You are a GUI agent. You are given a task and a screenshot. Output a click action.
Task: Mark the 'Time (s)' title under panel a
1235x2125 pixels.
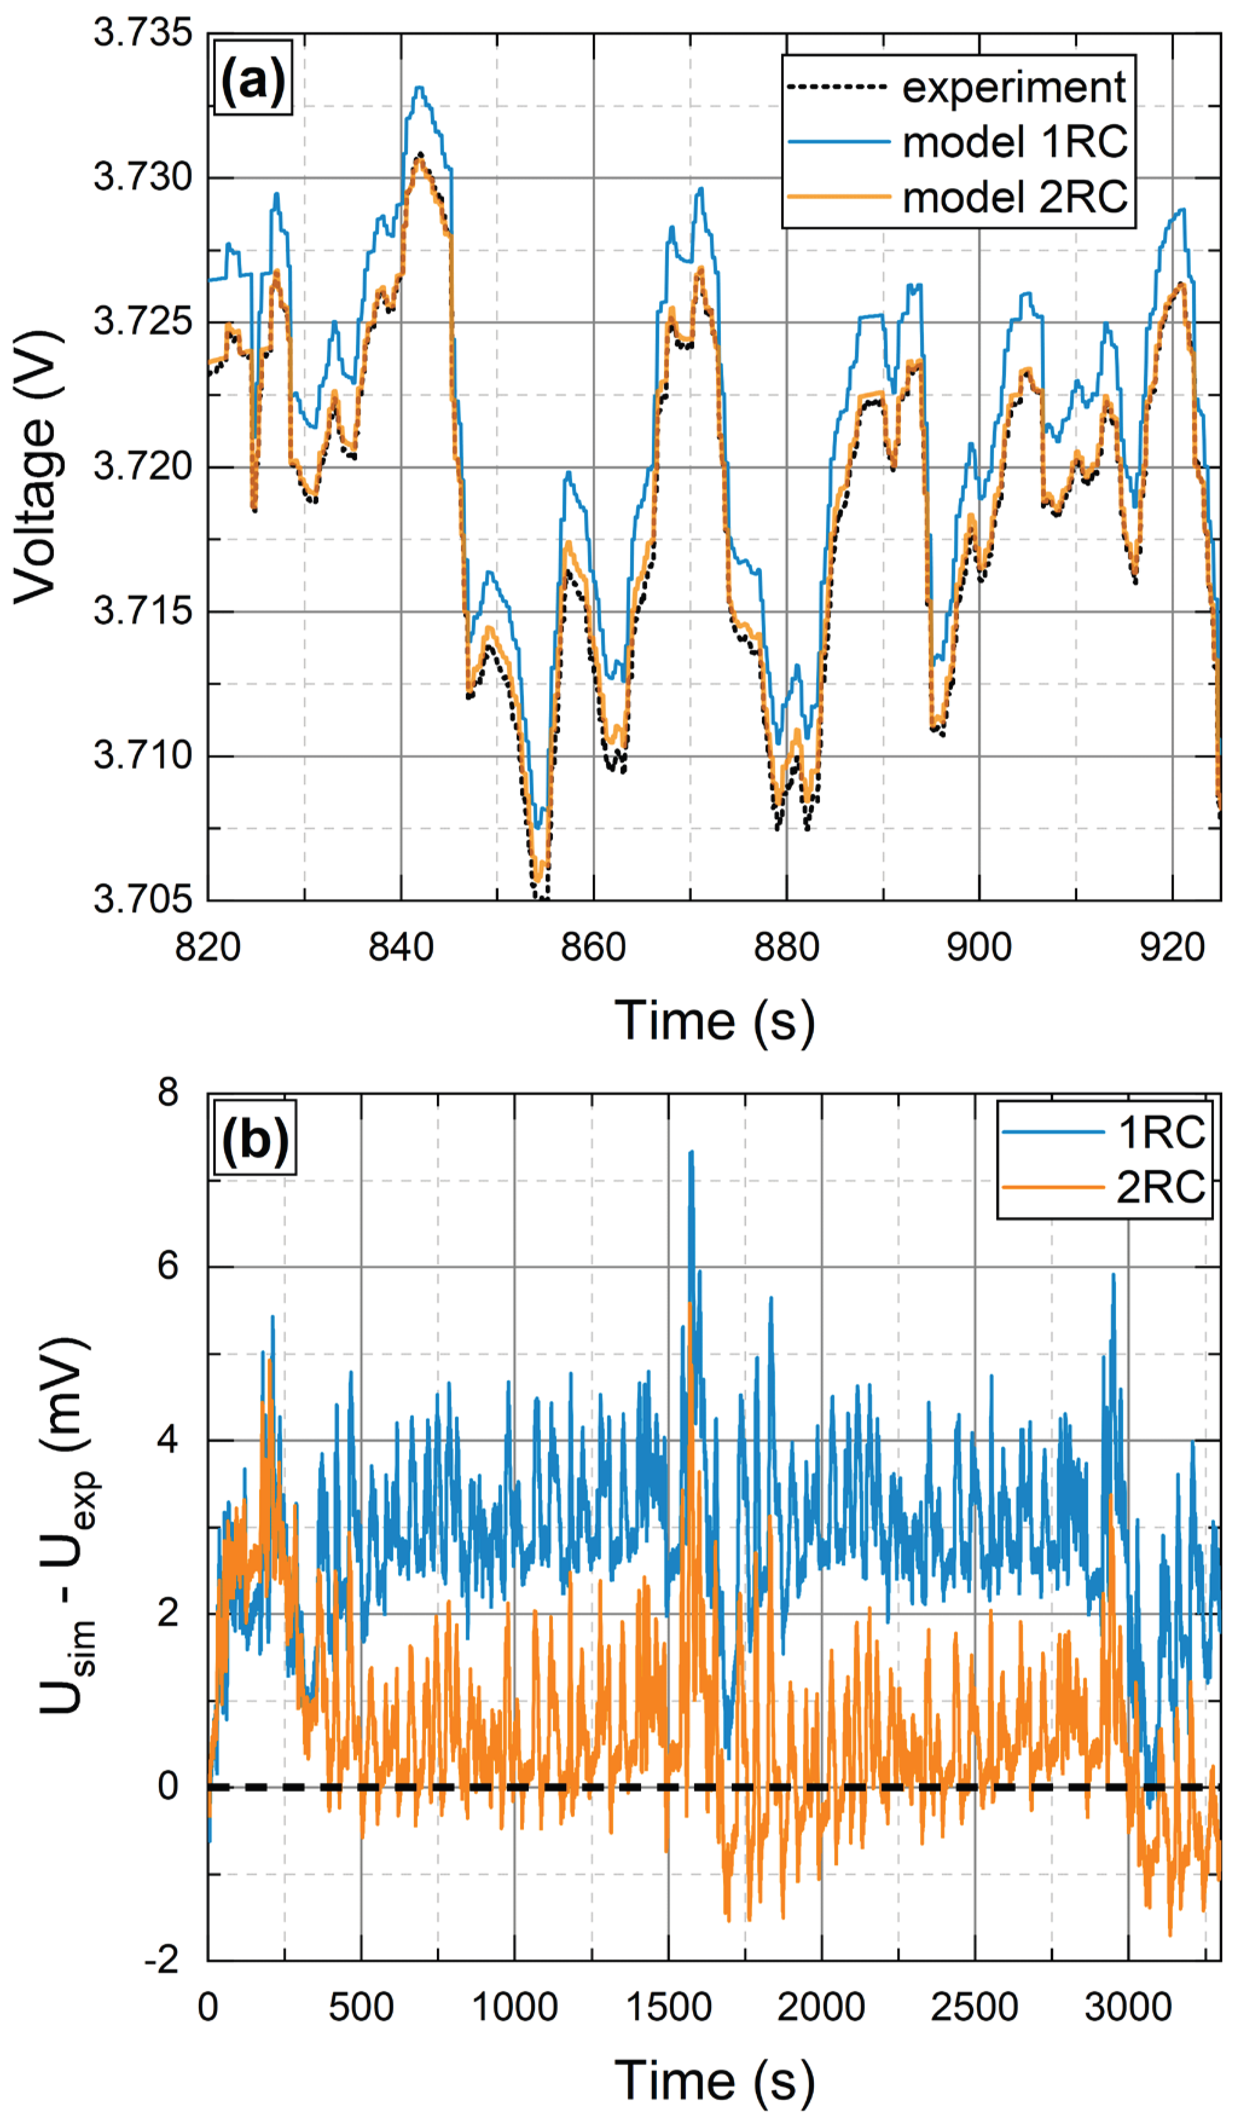714,1021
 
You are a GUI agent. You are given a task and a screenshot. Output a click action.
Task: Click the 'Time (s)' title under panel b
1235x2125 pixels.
714,2080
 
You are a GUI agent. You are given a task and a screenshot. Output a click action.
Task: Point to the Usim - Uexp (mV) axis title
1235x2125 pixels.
68,1526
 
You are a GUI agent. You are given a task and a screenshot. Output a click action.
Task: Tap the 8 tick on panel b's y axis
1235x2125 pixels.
169,1094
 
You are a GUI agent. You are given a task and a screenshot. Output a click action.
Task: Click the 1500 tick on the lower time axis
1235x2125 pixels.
668,2008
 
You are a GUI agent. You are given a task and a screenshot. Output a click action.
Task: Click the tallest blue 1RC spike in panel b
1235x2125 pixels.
691,1152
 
